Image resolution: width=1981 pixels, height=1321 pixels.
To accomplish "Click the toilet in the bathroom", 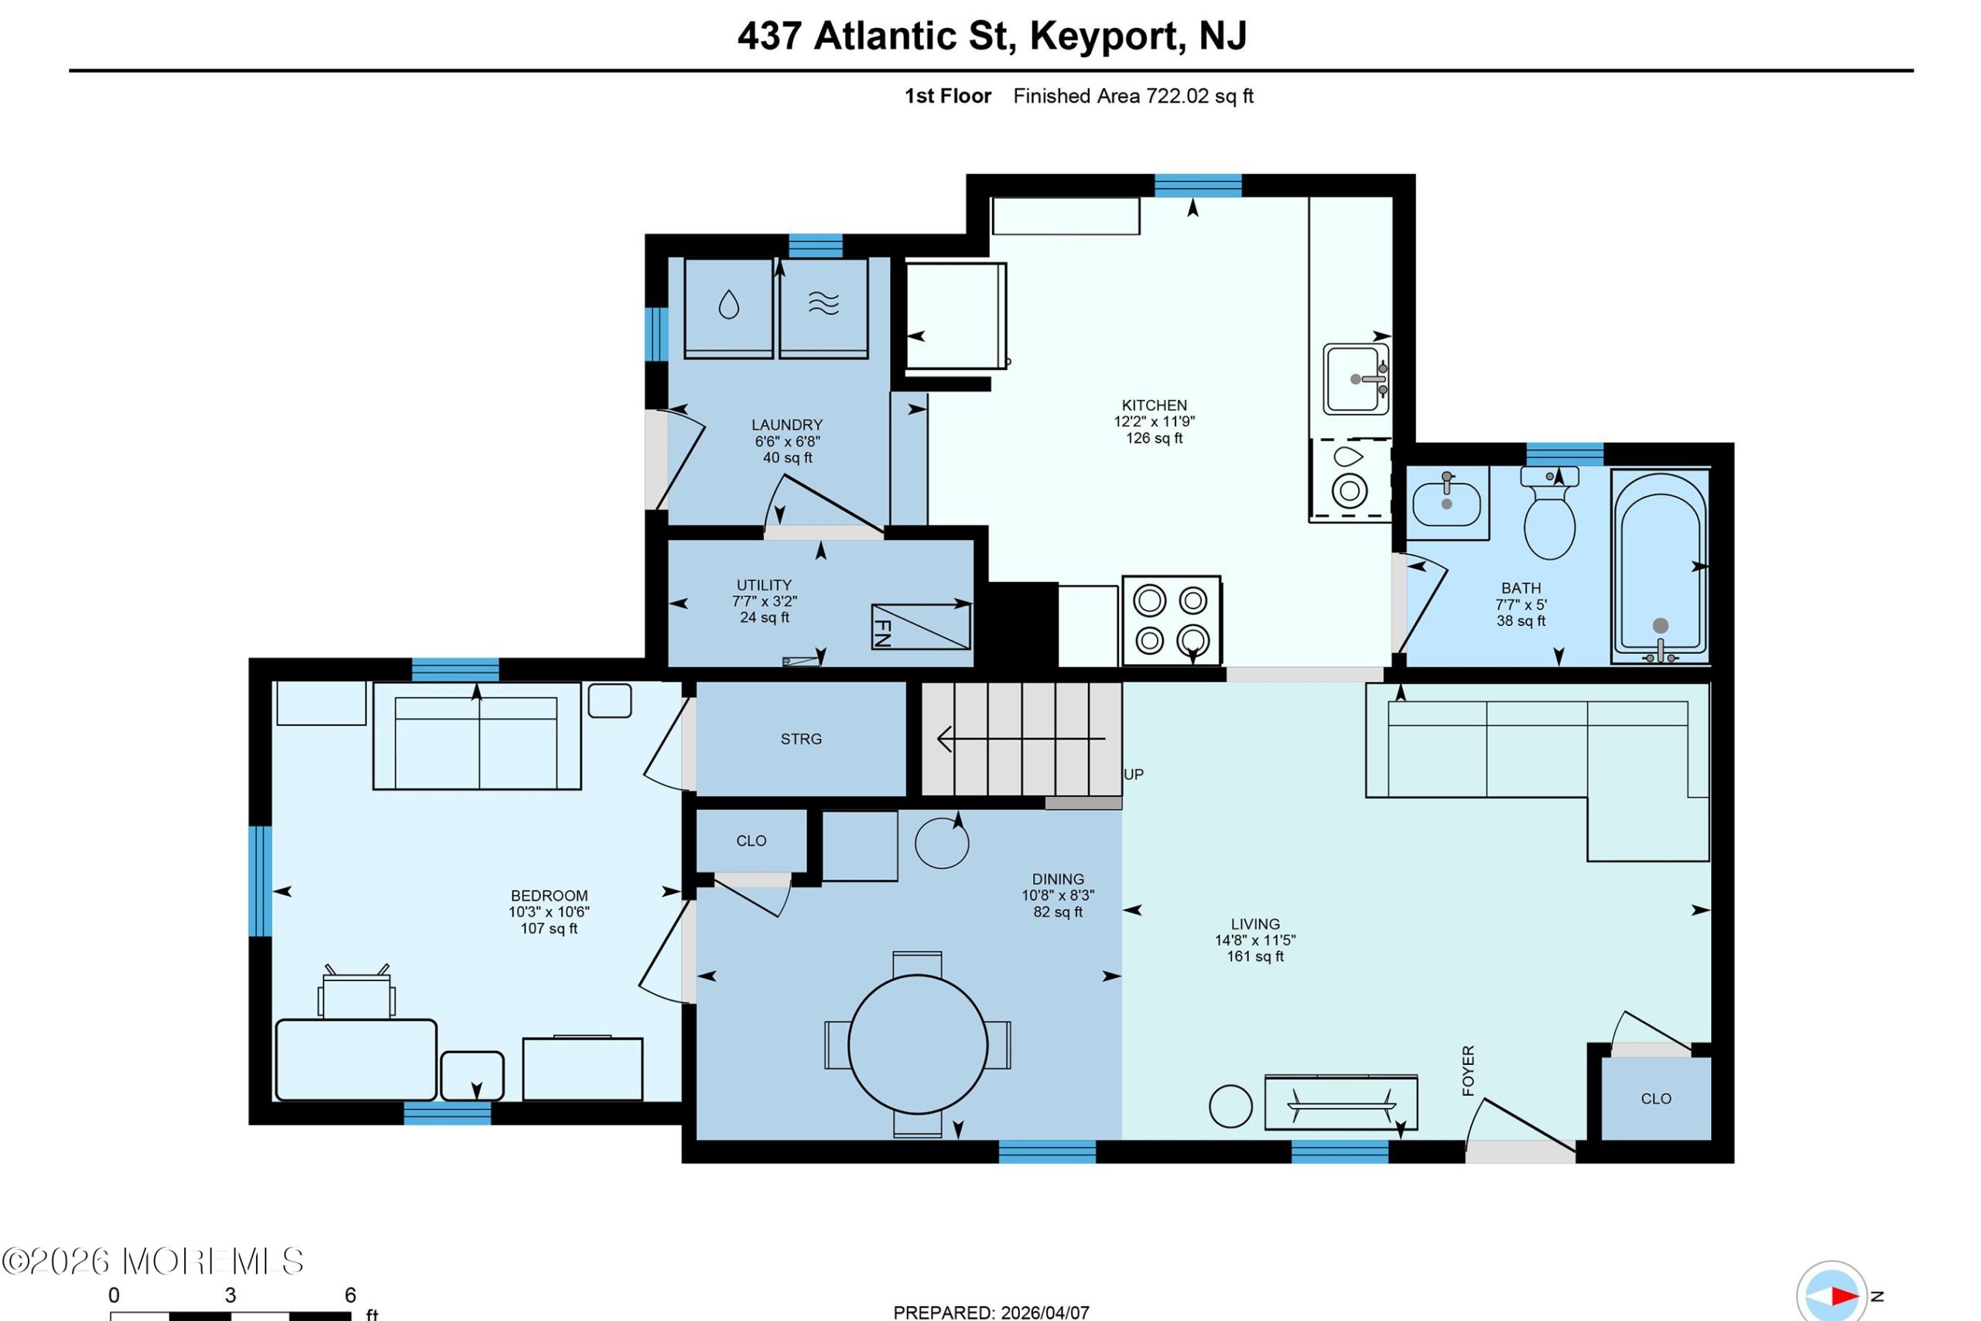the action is (1550, 514).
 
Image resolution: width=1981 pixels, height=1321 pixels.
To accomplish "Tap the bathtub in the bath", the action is (1660, 566).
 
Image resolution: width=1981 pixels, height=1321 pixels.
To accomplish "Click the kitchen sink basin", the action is (1355, 379).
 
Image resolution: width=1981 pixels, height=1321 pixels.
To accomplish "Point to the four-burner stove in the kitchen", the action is (1172, 621).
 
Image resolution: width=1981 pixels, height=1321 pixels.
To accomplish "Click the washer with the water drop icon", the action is (728, 308).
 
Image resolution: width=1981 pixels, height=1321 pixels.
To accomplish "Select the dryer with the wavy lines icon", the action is (823, 308).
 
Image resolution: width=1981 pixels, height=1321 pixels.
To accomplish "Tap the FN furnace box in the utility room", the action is (921, 627).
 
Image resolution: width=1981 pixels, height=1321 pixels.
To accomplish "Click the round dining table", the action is (917, 1045).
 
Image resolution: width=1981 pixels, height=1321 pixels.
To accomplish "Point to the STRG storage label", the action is (801, 739).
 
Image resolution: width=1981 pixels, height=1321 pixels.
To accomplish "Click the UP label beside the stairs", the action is (1134, 774).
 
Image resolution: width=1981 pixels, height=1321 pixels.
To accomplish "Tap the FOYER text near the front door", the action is (1468, 1071).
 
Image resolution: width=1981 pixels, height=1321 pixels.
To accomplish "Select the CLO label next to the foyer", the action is (1656, 1099).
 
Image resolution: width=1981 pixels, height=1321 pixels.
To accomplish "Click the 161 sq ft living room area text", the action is (1255, 957).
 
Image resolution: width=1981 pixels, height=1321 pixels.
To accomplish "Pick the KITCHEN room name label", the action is (1154, 406).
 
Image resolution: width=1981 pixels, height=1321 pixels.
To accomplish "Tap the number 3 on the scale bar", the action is (230, 1295).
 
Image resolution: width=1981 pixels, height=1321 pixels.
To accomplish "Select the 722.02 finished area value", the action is (1178, 96).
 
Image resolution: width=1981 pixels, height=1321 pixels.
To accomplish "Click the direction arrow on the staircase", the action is (1021, 739).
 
